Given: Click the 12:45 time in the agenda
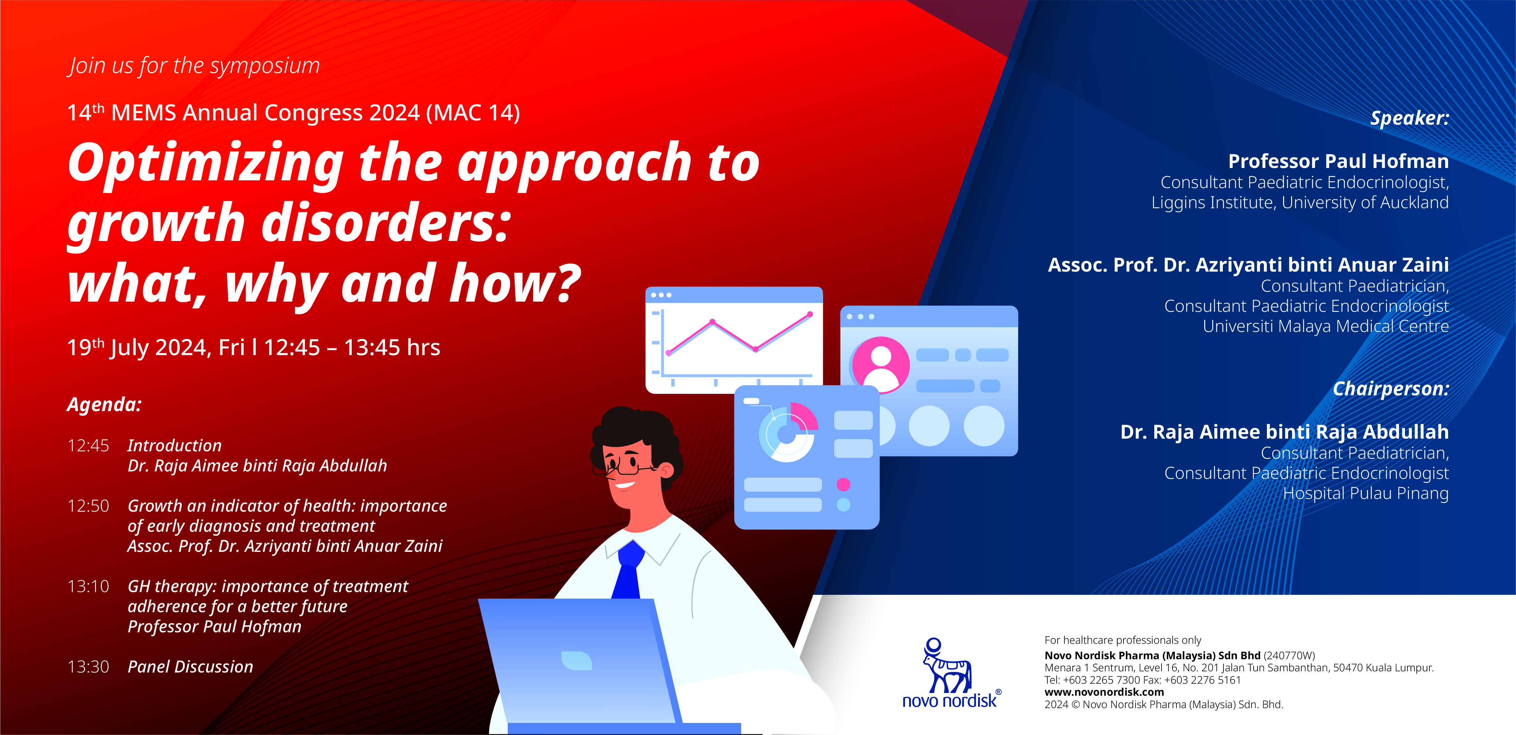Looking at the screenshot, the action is (x=88, y=445).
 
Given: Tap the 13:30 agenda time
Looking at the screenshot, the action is (x=88, y=667).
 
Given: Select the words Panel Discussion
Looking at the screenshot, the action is (x=190, y=667).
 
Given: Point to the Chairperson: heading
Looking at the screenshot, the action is (x=1391, y=389).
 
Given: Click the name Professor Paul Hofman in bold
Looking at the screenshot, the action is (x=1338, y=161).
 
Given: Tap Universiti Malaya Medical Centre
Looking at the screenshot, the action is (x=1325, y=326).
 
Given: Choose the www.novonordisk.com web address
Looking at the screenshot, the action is (x=1104, y=692).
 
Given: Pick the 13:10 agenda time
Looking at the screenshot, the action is (x=88, y=586).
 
